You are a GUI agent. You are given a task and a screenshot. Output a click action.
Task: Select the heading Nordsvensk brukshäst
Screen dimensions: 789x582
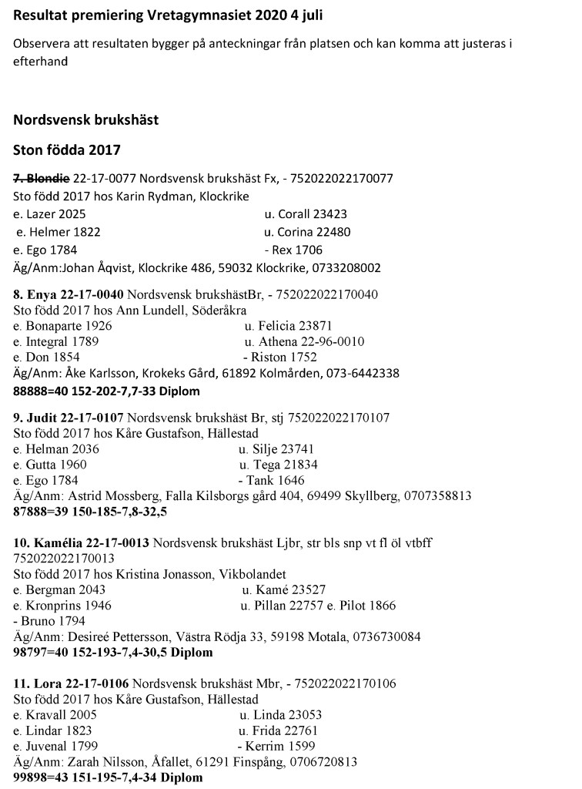tap(86, 120)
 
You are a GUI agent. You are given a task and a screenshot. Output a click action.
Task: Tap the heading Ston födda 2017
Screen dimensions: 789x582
tap(67, 149)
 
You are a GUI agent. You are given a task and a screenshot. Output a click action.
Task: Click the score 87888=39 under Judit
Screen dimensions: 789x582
tap(40, 511)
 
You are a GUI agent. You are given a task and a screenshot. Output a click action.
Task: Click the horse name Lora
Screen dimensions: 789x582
tap(44, 683)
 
